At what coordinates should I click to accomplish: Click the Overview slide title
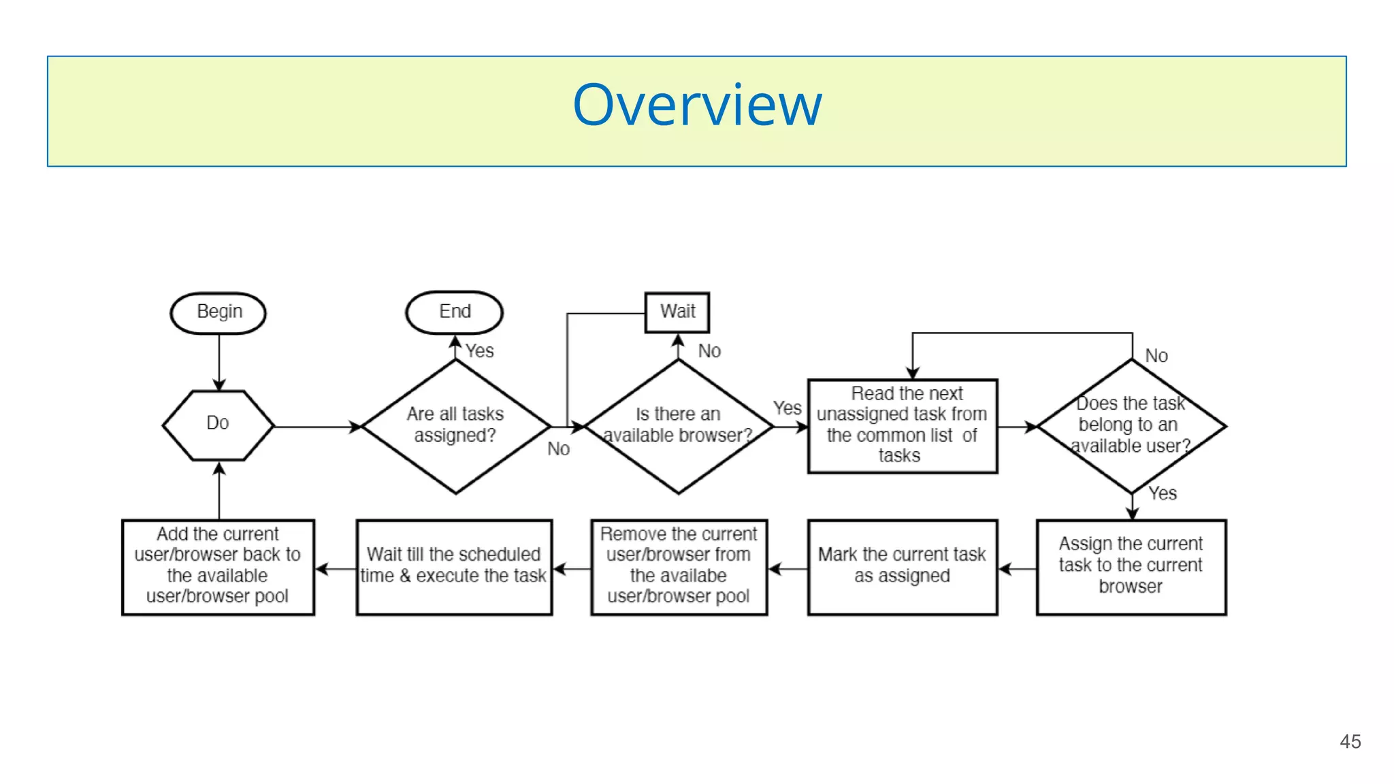click(697, 105)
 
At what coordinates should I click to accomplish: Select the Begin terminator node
click(218, 312)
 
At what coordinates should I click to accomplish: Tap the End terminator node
click(455, 312)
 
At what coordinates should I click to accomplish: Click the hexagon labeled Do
click(218, 425)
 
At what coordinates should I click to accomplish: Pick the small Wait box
click(677, 312)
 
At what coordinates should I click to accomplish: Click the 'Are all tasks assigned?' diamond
click(455, 425)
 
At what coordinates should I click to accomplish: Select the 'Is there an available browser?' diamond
click(678, 425)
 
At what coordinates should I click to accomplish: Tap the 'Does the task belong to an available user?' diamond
click(1131, 425)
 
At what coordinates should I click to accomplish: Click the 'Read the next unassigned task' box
click(903, 425)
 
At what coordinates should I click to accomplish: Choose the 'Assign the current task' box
click(1131, 566)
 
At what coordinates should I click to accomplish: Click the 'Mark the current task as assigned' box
click(903, 566)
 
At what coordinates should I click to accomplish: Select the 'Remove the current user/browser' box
click(679, 566)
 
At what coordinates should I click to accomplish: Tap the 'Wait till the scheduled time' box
click(454, 566)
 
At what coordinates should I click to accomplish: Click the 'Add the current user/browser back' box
click(218, 566)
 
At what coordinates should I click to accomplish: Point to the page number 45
click(1350, 742)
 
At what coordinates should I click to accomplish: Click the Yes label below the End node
click(479, 351)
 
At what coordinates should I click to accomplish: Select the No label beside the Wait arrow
click(709, 351)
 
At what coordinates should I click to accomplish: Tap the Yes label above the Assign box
click(1163, 493)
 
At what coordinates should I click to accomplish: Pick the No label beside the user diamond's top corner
click(1156, 356)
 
